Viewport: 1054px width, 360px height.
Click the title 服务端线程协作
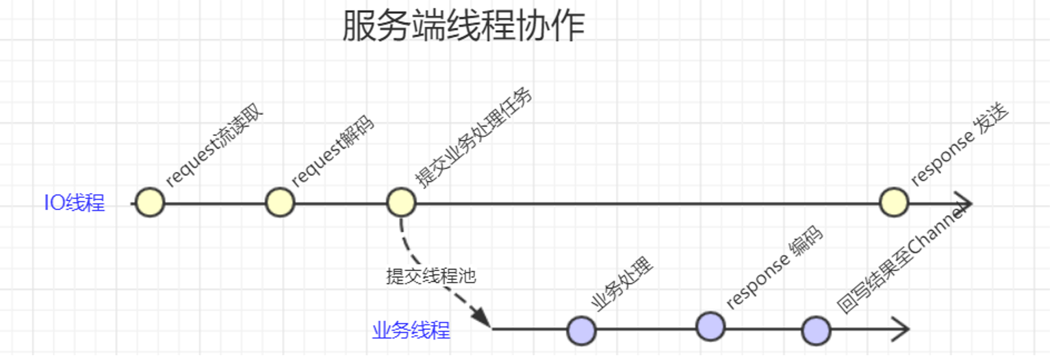463,27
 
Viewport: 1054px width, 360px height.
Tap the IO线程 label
75,203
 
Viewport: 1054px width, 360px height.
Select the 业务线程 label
411,331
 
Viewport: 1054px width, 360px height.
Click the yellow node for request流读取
150,203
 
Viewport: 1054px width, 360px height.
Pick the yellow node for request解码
280,203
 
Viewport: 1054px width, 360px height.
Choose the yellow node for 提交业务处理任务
401,203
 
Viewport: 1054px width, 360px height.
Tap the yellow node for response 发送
893,203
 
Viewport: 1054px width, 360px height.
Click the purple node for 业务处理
581,331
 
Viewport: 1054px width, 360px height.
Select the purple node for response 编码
710,326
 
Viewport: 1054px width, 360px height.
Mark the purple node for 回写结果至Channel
816,331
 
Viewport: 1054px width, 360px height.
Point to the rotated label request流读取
214,146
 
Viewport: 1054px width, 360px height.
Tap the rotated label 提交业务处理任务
474,137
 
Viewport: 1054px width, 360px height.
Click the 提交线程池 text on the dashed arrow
430,277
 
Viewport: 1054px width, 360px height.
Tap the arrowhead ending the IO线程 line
965,203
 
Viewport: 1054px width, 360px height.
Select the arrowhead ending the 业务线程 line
901,329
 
